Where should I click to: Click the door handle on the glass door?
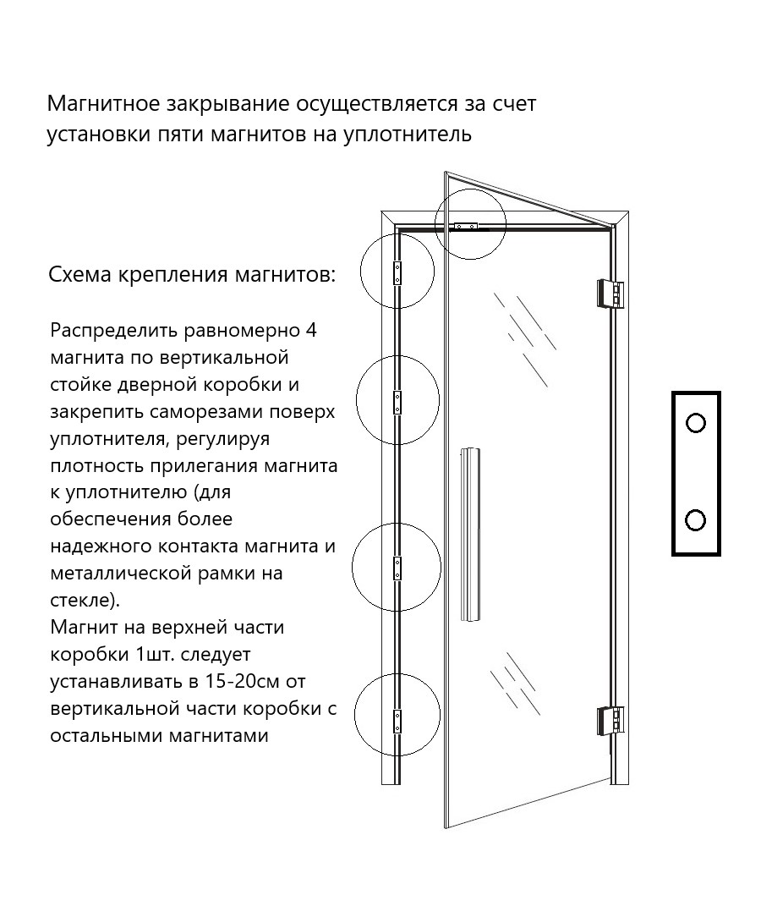click(470, 534)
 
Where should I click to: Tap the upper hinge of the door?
click(610, 294)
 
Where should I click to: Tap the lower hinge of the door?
click(610, 720)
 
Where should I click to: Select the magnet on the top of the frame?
click(467, 225)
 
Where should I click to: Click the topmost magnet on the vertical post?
click(397, 273)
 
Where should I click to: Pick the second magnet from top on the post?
click(397, 403)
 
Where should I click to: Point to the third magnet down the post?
click(397, 568)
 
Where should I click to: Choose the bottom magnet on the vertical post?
click(397, 721)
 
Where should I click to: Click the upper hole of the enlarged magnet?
click(696, 423)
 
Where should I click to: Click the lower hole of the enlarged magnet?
click(696, 520)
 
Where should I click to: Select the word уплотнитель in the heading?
click(407, 135)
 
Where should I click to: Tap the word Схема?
click(79, 274)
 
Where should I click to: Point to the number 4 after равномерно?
click(311, 331)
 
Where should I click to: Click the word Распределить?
click(114, 332)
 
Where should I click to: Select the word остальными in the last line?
click(107, 735)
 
